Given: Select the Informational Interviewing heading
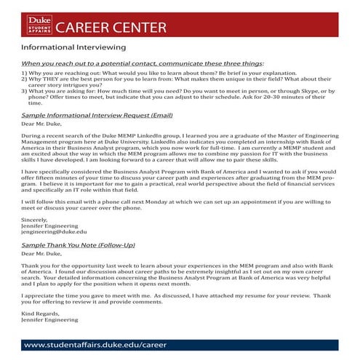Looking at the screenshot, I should (63, 49).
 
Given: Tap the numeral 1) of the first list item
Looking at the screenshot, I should (25, 73).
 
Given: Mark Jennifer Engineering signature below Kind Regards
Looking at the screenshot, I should (49, 318).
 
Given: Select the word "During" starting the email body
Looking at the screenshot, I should (31, 135).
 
